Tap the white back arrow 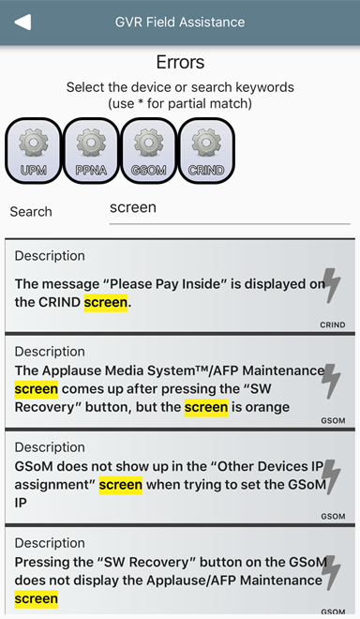(x=22, y=23)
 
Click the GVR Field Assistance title (x=180, y=23)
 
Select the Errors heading (x=180, y=62)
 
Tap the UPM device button (x=34, y=151)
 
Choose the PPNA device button (x=91, y=151)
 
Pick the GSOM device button (x=149, y=151)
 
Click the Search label (x=31, y=212)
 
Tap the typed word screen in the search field (x=133, y=207)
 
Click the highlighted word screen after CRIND (x=106, y=302)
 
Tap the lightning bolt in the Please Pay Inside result (x=332, y=285)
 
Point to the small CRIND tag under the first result (x=333, y=325)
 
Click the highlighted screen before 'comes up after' (x=37, y=389)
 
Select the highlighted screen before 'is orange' (x=206, y=407)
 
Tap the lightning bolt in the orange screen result (x=331, y=381)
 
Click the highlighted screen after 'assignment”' (x=121, y=485)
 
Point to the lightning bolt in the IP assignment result (x=332, y=476)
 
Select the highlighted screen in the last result (x=37, y=599)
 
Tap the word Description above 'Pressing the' (x=50, y=543)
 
